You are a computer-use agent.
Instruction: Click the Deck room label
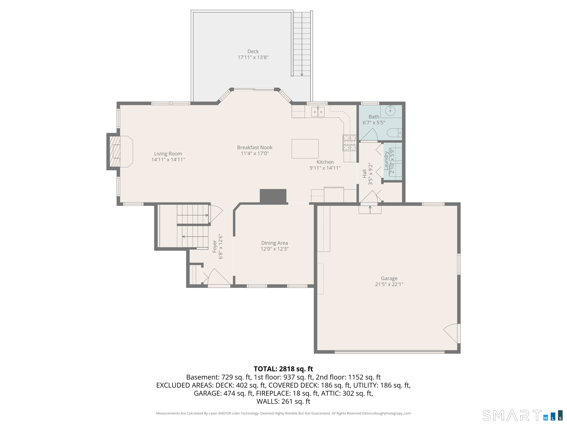point(253,51)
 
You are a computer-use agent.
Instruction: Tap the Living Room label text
point(168,154)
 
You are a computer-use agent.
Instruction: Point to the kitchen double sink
point(318,112)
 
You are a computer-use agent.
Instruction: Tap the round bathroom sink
point(390,111)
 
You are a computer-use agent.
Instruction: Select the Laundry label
point(386,161)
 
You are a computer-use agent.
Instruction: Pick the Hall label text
point(365,174)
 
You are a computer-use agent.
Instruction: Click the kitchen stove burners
point(350,143)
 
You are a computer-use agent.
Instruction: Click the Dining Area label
point(274,243)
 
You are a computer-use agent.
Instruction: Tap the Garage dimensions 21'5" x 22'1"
point(389,284)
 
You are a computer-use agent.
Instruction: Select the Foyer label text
point(215,246)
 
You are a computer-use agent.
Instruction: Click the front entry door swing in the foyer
point(219,277)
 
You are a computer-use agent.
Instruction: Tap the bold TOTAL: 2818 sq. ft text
point(283,369)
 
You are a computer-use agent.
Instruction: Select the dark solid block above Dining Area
point(273,196)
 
